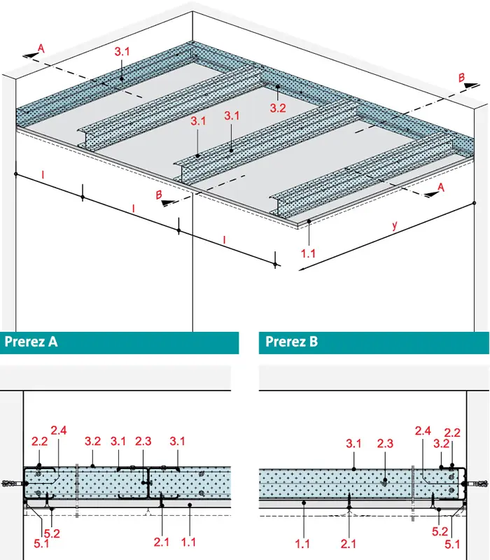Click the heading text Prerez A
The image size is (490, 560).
click(x=31, y=342)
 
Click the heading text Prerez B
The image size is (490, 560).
click(x=291, y=342)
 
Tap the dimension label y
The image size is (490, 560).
click(x=395, y=225)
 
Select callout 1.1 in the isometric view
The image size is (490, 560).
click(x=308, y=253)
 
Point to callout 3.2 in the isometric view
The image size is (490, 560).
click(x=278, y=108)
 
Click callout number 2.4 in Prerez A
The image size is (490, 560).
click(x=59, y=430)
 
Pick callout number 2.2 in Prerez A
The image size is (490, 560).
click(x=39, y=442)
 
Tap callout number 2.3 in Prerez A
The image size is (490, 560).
click(x=143, y=442)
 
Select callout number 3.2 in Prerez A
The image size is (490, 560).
click(x=92, y=442)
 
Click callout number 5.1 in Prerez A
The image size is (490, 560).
click(x=41, y=544)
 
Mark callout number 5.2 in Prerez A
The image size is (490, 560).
click(x=52, y=533)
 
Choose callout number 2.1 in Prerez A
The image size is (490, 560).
click(x=162, y=542)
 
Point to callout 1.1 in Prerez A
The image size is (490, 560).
click(x=188, y=542)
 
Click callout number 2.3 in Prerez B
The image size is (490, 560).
click(x=385, y=444)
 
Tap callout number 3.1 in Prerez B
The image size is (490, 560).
click(x=353, y=444)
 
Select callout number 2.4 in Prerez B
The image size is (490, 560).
click(x=423, y=430)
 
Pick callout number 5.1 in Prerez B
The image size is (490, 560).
click(x=452, y=545)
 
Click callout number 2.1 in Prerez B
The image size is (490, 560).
click(x=348, y=544)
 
